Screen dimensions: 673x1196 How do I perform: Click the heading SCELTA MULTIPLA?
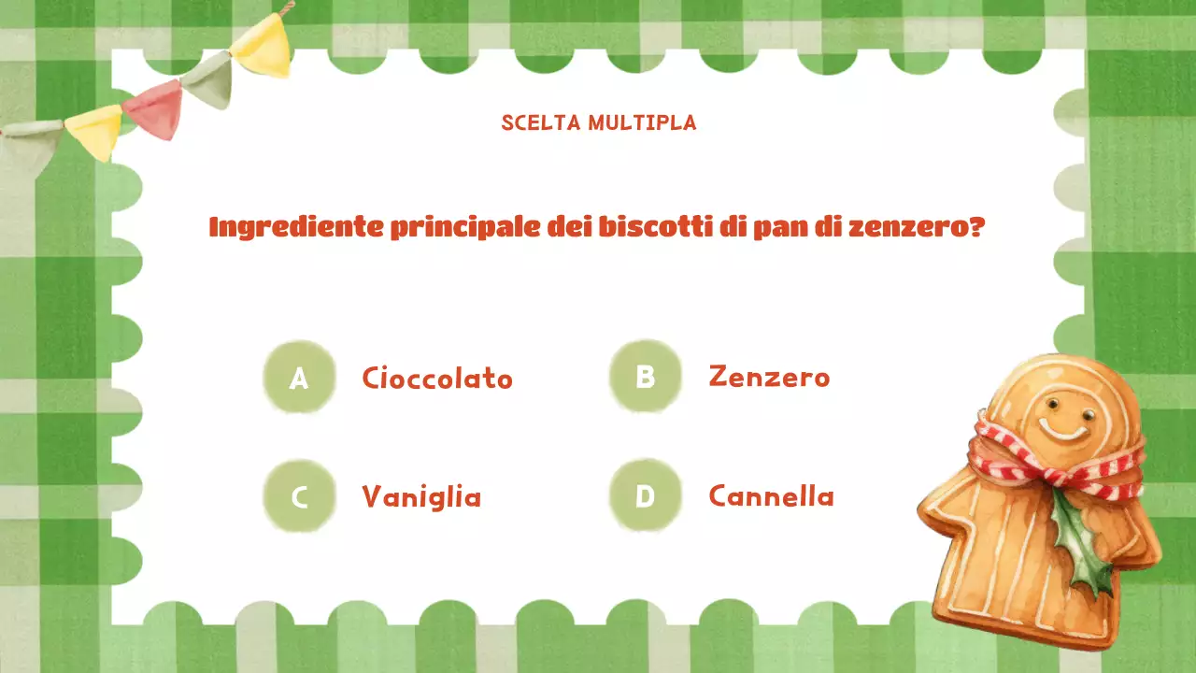point(598,122)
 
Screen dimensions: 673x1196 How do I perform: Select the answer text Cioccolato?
point(437,378)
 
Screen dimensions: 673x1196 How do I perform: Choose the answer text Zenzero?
point(769,376)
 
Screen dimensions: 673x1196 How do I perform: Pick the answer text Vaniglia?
point(421,496)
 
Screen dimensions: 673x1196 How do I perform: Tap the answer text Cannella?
point(771,495)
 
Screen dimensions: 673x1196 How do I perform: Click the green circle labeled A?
point(299,378)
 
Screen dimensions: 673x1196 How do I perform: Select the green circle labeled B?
point(645,376)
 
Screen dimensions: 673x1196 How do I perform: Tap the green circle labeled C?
point(299,496)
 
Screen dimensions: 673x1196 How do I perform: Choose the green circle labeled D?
point(645,495)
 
